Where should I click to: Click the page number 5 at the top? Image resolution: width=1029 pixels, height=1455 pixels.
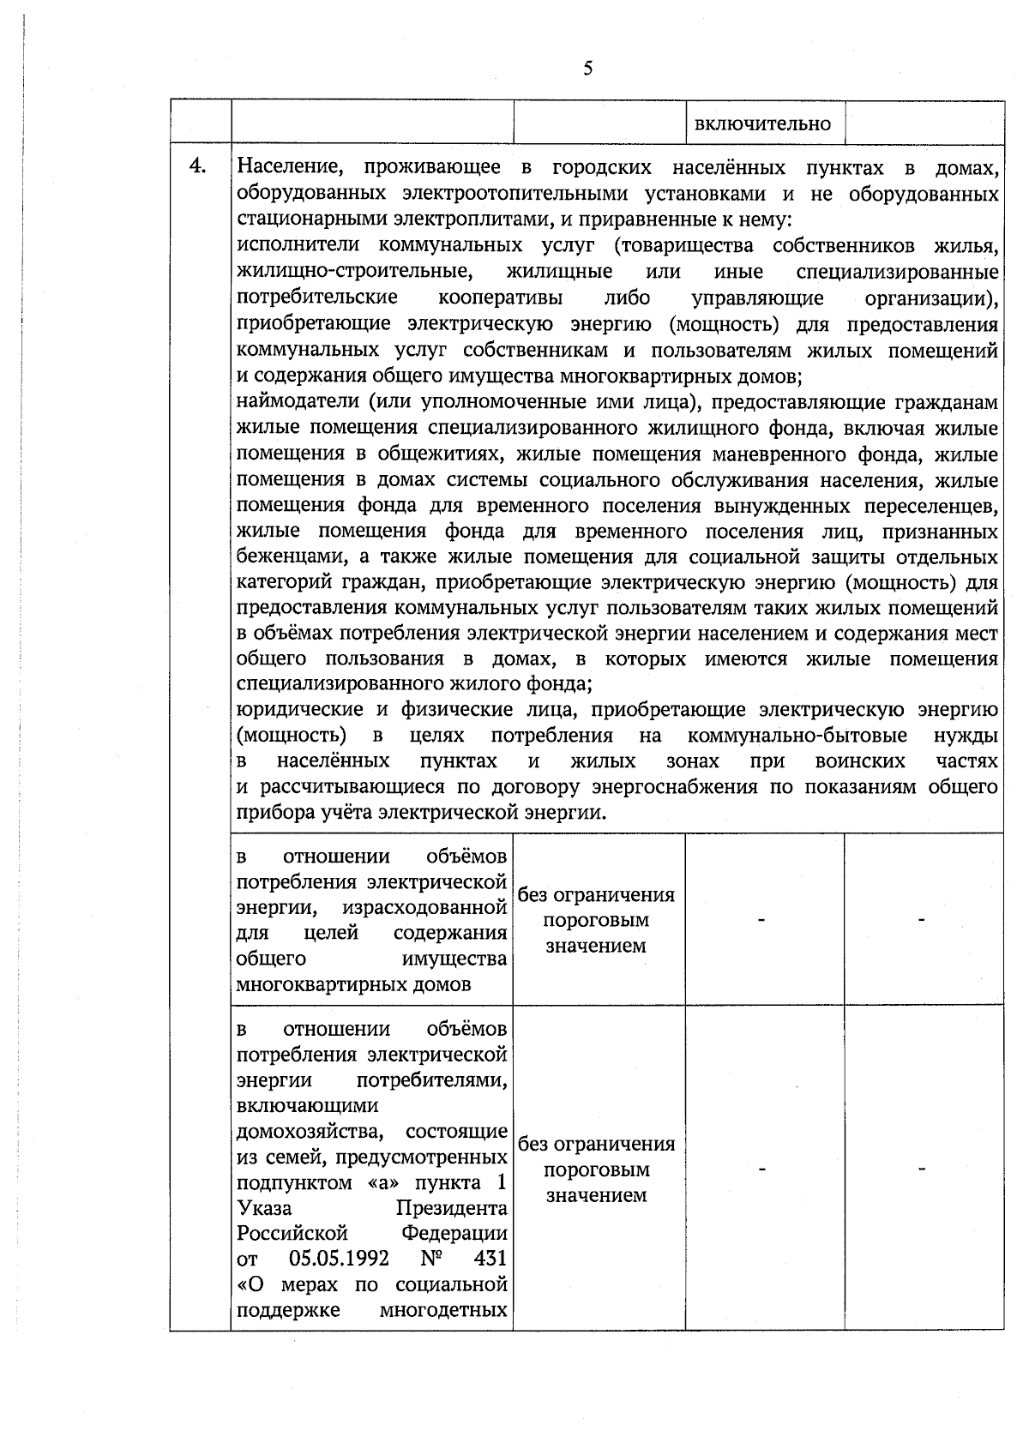coord(587,69)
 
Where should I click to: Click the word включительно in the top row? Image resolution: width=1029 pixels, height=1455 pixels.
coord(762,124)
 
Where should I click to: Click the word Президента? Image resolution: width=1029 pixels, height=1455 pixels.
coord(451,1208)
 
